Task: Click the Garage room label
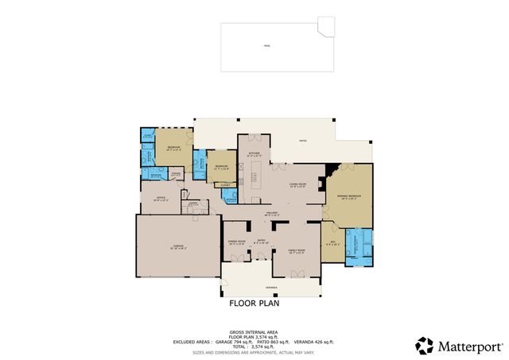pos(178,247)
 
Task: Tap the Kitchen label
pos(254,154)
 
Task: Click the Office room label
pos(160,198)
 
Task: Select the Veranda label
pos(271,288)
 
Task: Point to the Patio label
pos(302,141)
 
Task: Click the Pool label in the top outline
pos(266,46)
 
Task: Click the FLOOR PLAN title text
pos(254,304)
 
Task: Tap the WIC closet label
pos(333,243)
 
